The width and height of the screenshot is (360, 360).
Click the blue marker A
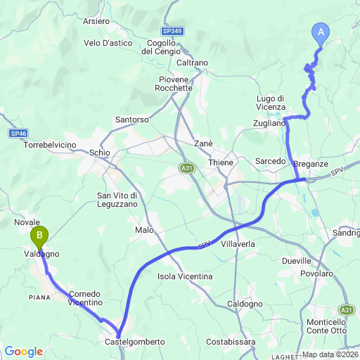pos(321,32)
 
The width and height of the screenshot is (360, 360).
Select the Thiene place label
pos(220,162)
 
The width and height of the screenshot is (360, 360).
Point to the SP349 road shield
pos(172,32)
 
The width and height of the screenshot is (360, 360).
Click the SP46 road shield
pos(19,133)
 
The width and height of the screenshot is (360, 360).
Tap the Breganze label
pos(311,163)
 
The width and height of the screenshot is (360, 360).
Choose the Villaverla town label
pos(240,243)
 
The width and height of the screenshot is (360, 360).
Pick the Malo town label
pos(143,230)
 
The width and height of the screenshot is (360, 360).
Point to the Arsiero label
pos(96,21)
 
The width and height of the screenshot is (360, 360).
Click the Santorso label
pos(131,120)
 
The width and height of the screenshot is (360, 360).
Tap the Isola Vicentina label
pos(186,276)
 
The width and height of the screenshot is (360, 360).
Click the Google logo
pos(23,352)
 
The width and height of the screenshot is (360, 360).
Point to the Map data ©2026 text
pos(329,355)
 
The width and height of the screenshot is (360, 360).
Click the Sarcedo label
pos(271,160)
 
